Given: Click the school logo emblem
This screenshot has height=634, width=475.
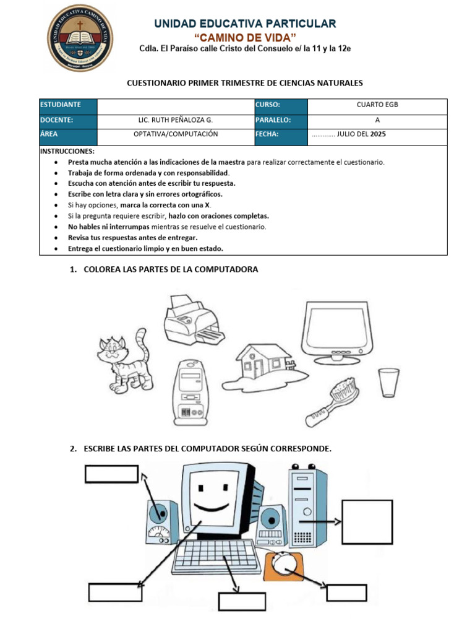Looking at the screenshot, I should coord(80,38).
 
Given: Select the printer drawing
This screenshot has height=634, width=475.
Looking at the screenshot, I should coord(190,319).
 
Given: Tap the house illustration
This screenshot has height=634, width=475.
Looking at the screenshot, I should coord(263,365).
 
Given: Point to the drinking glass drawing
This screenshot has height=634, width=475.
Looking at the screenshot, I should coord(388,383).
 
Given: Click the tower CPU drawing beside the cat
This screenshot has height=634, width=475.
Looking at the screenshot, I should coord(189,391).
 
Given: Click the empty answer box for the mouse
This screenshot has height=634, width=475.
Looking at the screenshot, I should coord(346,592).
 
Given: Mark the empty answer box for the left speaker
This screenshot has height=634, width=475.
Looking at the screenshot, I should coord(111,474).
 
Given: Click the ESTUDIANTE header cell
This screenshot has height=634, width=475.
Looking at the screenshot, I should coord(68,105).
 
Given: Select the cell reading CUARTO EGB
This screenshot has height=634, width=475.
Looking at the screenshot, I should coord(377,105).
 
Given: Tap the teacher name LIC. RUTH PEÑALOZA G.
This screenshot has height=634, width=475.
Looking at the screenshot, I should coord(176,119).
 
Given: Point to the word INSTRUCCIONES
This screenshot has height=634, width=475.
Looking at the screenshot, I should coord(67,151).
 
